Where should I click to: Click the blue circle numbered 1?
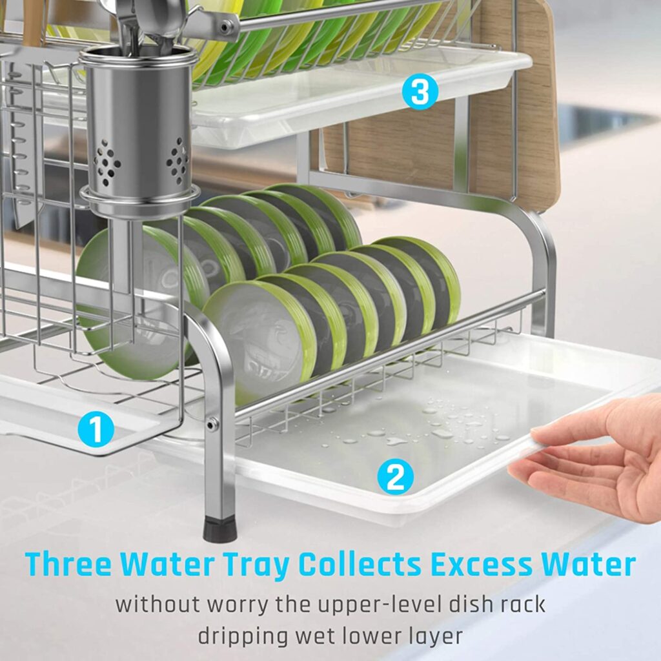tap(96, 429)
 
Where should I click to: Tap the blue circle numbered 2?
tap(395, 477)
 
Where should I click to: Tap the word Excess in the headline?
tap(480, 564)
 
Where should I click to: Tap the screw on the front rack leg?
tap(211, 424)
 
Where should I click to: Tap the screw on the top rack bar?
tap(225, 27)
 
